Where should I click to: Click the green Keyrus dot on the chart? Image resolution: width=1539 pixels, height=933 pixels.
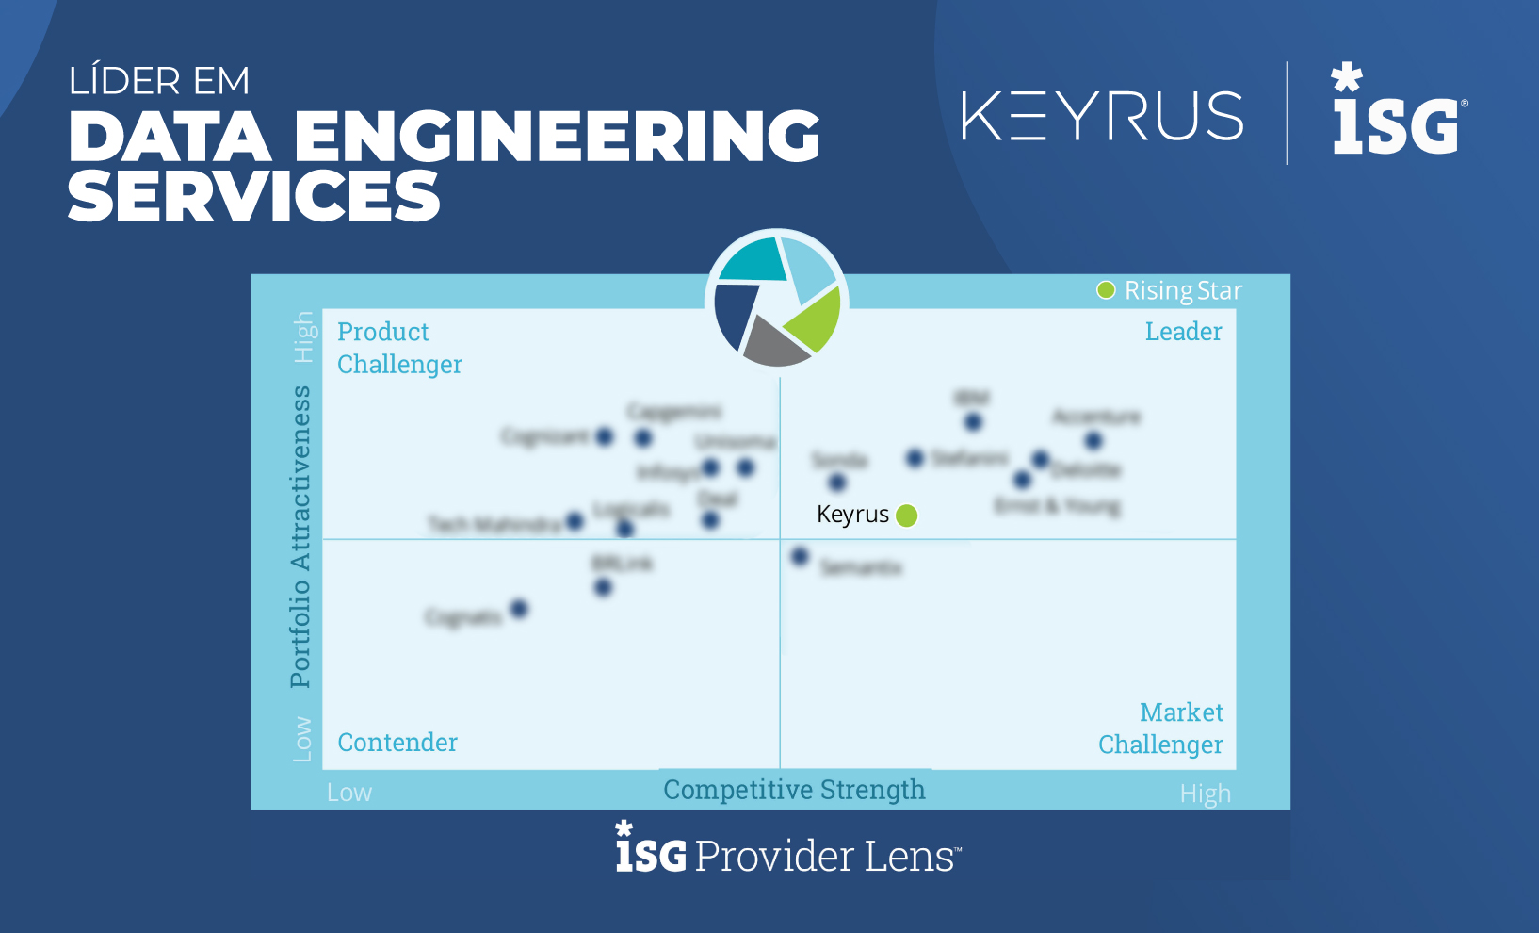906,516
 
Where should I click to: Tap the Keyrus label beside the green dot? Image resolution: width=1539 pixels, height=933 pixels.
852,515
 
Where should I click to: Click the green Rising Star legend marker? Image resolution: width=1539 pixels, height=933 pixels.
1106,290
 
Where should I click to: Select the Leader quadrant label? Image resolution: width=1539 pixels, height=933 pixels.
1183,332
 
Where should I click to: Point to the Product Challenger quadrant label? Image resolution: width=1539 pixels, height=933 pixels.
399,348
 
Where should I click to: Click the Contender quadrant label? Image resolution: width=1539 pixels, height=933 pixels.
397,743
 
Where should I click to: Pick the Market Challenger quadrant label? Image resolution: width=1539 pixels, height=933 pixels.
1160,728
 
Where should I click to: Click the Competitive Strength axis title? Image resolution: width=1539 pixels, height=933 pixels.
794,790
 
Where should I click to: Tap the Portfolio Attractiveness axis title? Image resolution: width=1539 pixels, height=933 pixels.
300,536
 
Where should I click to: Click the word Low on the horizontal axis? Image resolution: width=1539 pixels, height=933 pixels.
349,794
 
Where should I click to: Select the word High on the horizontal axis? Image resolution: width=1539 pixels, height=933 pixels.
1205,794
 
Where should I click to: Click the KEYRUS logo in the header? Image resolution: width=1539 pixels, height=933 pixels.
1102,116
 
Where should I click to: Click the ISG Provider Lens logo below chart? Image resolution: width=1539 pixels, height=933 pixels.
788,850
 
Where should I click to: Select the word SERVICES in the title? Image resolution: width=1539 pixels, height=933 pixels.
254,197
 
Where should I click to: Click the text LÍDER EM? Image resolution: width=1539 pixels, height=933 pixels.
159,81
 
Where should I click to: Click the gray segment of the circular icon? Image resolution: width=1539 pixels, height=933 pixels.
774,343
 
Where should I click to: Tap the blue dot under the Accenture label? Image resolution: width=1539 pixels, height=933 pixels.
1093,440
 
